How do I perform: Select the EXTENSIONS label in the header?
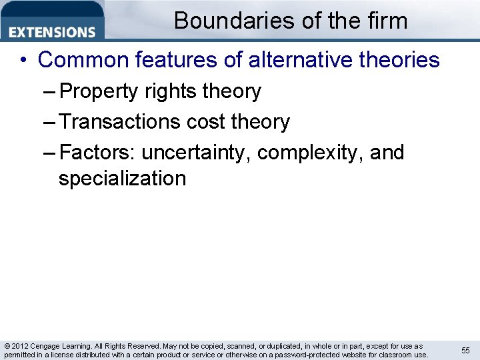(x=53, y=32)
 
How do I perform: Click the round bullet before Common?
(x=23, y=61)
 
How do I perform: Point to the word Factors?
(x=97, y=153)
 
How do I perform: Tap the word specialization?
(x=122, y=179)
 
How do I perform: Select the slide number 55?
(x=465, y=350)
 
